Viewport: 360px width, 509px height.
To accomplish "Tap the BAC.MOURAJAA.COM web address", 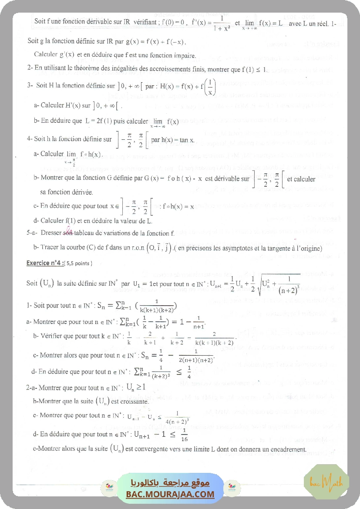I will (x=170, y=494).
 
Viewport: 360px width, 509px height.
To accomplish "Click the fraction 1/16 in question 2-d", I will (x=184, y=435).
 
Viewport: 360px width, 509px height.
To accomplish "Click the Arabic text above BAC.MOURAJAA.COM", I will (x=170, y=483).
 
